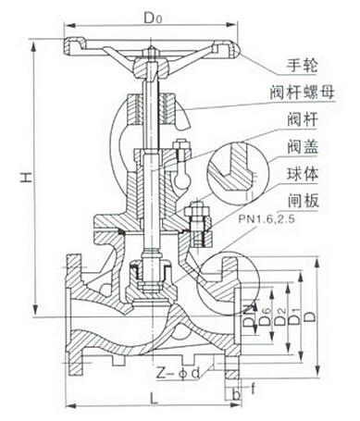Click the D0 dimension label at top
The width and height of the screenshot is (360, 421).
tap(153, 16)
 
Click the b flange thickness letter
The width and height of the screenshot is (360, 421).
tap(237, 395)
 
